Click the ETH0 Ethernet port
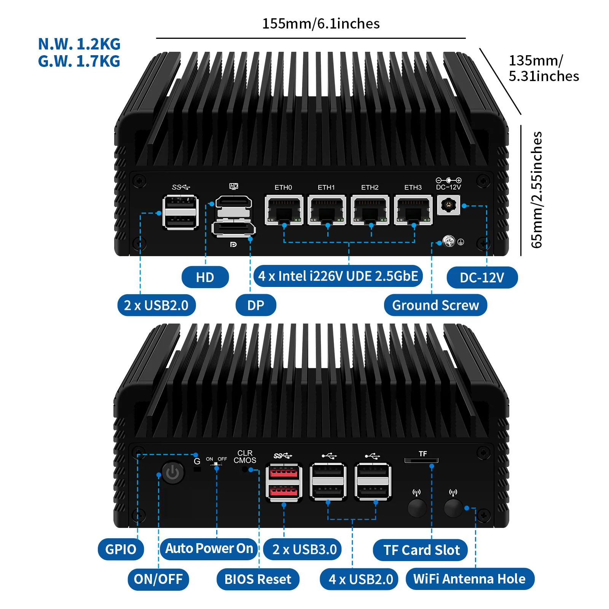[x=284, y=210]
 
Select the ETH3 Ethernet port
[x=413, y=210]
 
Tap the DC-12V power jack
[x=448, y=206]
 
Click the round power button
[x=173, y=473]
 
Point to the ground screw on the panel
[x=449, y=241]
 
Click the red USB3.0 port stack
[x=284, y=482]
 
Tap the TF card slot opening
[x=421, y=461]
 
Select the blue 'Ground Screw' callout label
[x=435, y=305]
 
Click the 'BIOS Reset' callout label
[x=258, y=579]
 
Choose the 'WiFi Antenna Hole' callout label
[x=470, y=579]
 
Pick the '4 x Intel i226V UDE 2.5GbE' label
[x=338, y=276]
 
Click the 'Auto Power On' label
[x=209, y=549]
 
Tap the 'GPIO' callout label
[x=121, y=549]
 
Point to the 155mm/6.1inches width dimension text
[x=321, y=24]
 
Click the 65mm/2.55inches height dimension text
[x=537, y=190]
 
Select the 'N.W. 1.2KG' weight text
[x=79, y=44]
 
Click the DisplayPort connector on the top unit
[x=233, y=229]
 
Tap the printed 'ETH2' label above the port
[x=370, y=187]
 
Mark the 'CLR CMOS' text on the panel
[x=245, y=457]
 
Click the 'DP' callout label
[x=256, y=305]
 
